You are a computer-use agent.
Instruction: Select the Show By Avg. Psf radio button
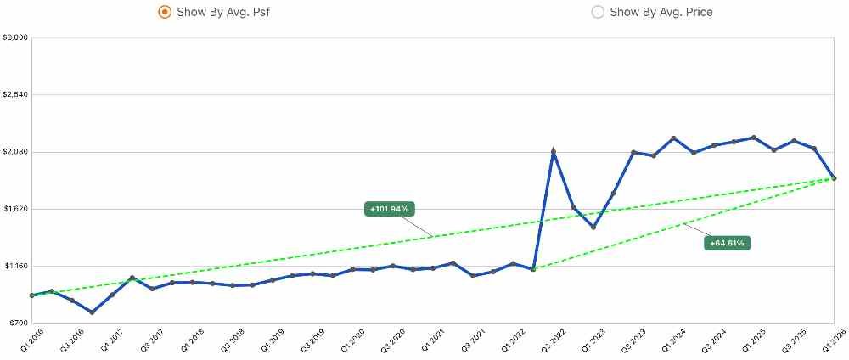coord(164,12)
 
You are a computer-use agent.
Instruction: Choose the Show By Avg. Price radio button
coord(598,12)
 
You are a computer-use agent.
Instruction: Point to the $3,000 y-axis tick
coord(16,38)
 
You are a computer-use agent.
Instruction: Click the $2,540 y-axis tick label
coord(16,95)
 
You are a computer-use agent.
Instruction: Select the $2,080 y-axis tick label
coord(16,152)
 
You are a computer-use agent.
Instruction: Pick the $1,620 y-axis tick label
coord(16,209)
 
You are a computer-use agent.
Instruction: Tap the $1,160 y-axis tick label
coord(16,266)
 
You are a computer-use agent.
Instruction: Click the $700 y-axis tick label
coord(18,323)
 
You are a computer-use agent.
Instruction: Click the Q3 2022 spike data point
coord(554,152)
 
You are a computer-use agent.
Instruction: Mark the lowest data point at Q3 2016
coord(92,312)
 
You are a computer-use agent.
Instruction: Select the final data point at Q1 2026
coord(835,178)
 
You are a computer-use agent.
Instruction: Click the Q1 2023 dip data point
coord(593,227)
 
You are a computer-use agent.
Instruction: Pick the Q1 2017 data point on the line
coord(112,295)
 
